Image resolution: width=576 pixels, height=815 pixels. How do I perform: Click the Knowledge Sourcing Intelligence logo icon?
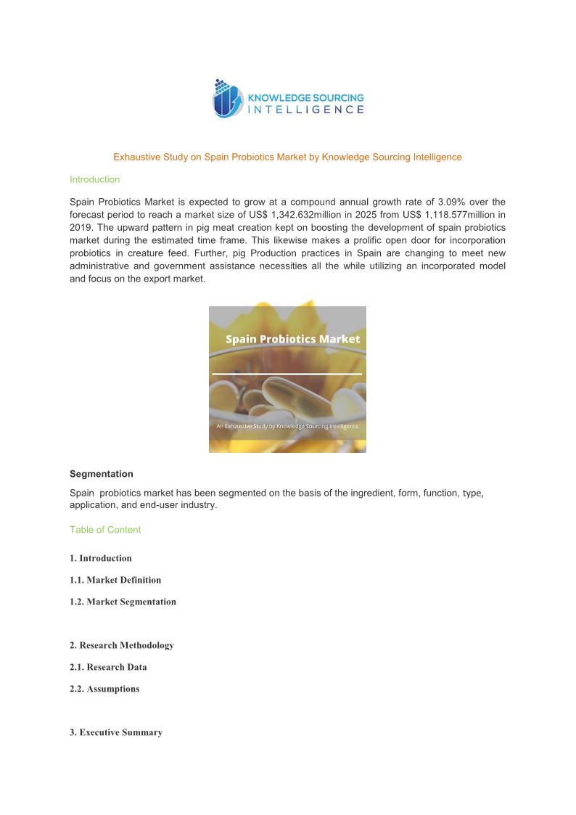point(228,98)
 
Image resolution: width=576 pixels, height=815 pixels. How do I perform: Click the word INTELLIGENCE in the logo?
point(306,110)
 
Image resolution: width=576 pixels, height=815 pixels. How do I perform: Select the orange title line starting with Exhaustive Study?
point(287,157)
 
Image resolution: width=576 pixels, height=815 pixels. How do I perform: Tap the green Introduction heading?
point(94,179)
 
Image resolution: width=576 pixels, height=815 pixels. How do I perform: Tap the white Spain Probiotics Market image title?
point(292,339)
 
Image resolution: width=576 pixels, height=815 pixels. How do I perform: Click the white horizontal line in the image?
point(287,374)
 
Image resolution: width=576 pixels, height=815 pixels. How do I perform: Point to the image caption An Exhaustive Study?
point(287,426)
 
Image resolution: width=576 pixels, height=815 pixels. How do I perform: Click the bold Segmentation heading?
point(102,474)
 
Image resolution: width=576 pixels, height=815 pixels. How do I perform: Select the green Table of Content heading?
point(105,530)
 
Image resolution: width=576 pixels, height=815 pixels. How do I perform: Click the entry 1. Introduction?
point(101,558)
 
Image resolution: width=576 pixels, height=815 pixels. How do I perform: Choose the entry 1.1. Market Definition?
point(115,580)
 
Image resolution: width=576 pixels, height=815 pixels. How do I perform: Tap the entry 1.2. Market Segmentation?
point(123,602)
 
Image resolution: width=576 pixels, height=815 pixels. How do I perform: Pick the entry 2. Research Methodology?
point(122,645)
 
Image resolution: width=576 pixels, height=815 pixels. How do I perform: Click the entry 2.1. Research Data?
point(108,667)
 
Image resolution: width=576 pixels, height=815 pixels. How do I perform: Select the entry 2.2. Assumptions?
point(104,689)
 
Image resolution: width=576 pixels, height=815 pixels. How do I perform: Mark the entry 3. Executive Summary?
point(116,732)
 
